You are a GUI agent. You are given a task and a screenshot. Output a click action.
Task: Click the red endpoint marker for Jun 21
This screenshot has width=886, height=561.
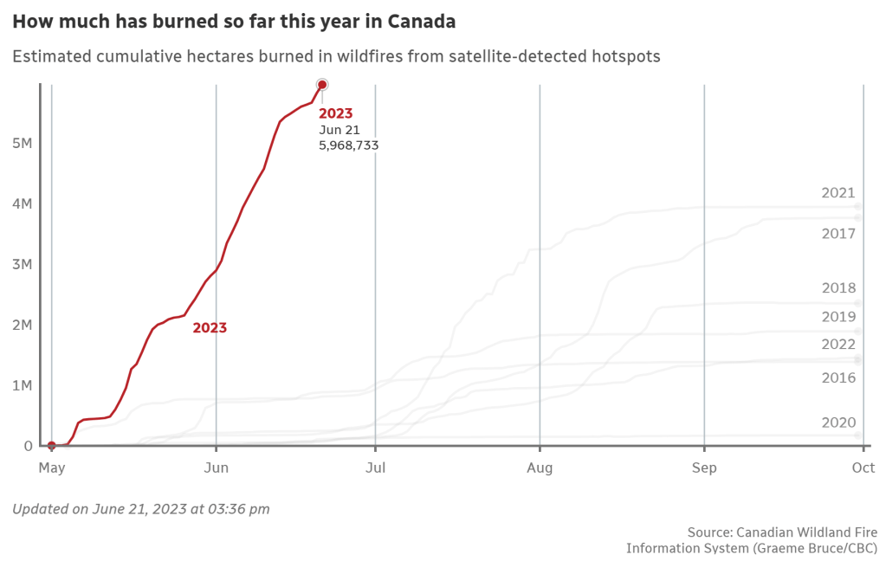(322, 84)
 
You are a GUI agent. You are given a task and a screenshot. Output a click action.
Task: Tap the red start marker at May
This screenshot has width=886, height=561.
(52, 446)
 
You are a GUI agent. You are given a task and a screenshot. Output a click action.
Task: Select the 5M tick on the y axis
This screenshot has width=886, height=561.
(22, 143)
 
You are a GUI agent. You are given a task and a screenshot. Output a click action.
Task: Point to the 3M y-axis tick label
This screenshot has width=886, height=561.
(22, 264)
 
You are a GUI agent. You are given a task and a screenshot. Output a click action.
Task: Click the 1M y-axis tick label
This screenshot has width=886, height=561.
(22, 385)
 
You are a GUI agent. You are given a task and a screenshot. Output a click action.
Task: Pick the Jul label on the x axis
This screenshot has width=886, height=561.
(375, 468)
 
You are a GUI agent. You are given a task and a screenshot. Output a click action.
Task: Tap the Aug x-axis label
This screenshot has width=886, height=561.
(540, 468)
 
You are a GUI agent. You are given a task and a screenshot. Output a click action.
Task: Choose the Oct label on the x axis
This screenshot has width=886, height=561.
(863, 468)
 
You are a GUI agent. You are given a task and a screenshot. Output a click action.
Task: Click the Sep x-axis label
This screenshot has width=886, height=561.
(704, 468)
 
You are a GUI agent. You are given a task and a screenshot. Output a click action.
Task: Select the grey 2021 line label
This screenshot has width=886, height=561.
(837, 193)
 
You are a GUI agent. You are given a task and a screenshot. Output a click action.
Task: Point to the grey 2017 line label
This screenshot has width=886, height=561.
(837, 234)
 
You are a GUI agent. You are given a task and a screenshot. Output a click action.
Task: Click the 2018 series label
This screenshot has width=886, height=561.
(837, 288)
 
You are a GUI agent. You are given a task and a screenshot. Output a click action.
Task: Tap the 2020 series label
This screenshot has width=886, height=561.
(837, 422)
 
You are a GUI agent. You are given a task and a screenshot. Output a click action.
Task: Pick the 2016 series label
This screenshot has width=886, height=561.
(837, 377)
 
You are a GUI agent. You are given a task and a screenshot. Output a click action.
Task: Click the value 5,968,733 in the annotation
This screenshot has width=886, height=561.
(348, 145)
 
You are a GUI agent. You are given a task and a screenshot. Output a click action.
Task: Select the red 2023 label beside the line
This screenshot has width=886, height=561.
(210, 328)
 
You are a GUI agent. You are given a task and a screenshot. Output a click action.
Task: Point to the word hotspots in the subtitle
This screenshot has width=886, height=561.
(628, 56)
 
